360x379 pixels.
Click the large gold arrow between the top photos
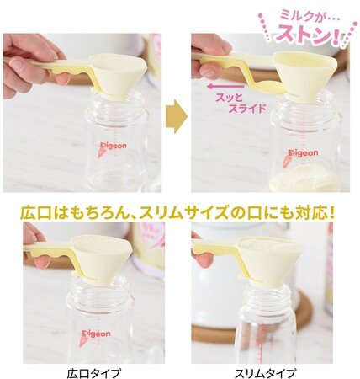click(x=176, y=116)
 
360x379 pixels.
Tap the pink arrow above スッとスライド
click(x=225, y=86)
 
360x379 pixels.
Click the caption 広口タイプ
click(x=94, y=373)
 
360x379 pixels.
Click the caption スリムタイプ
click(x=265, y=373)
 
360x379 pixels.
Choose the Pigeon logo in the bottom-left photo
click(x=96, y=335)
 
